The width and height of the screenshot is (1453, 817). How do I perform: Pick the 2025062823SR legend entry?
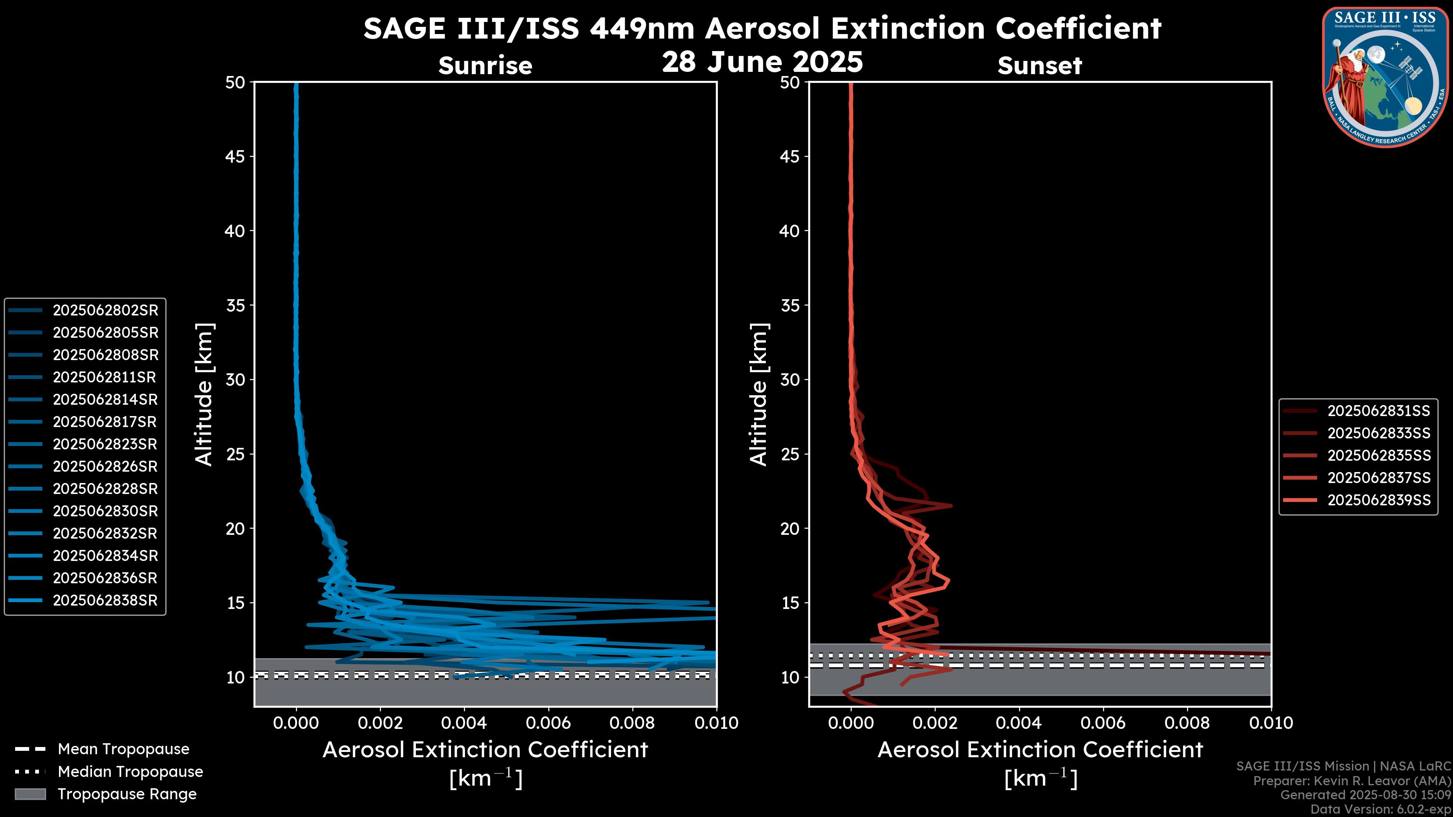(x=105, y=444)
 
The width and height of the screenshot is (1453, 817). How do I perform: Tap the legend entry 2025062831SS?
(x=1378, y=411)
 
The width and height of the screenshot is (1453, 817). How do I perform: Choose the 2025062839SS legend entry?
(x=1378, y=500)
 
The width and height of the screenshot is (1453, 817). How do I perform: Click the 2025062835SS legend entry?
(x=1378, y=455)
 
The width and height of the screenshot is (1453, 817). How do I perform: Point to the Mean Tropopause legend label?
(x=123, y=749)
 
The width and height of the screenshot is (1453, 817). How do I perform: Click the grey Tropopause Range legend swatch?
(x=30, y=794)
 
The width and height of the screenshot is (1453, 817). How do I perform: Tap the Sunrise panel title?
(x=485, y=65)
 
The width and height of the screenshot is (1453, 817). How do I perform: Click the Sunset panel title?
(x=1039, y=65)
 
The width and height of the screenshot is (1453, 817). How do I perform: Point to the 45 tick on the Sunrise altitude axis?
(x=235, y=157)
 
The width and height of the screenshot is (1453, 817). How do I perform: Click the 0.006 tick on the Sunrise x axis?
(x=548, y=723)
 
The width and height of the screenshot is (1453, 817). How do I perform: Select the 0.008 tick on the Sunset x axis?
(x=1187, y=723)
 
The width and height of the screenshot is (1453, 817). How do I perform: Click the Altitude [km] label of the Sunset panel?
(x=759, y=395)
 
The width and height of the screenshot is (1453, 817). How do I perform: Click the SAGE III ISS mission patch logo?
(x=1385, y=76)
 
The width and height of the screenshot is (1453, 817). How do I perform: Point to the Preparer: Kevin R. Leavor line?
(x=1352, y=781)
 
